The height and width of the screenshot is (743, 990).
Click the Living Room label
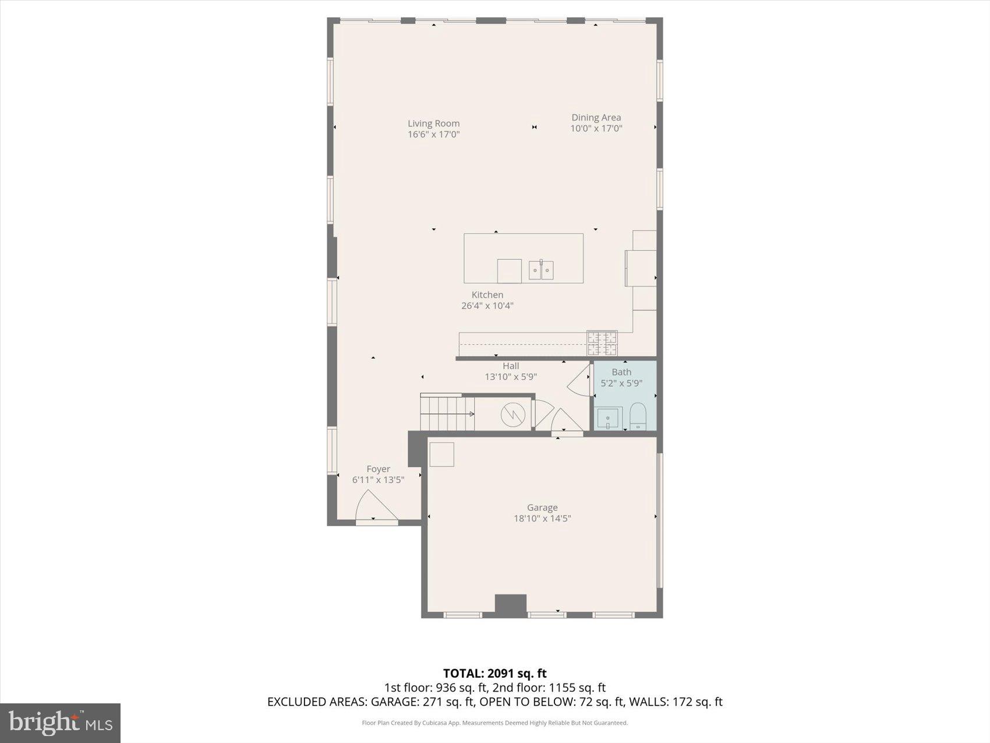(x=433, y=124)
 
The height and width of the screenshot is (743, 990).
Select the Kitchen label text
(x=487, y=295)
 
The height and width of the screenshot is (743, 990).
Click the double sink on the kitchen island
(x=541, y=270)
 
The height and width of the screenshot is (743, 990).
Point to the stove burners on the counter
(x=602, y=343)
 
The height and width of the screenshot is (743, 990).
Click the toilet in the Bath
(x=638, y=415)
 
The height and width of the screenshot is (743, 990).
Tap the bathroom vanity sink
(x=608, y=418)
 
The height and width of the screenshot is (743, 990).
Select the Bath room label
(x=621, y=372)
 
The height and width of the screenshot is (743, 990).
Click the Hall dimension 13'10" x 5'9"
(x=511, y=377)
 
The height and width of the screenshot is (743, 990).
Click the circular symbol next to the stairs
(x=512, y=414)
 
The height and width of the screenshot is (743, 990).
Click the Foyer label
(x=378, y=469)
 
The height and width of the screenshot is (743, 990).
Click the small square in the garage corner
(x=441, y=454)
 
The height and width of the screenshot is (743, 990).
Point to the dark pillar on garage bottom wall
(x=511, y=604)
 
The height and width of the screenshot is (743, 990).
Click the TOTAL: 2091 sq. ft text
(x=494, y=674)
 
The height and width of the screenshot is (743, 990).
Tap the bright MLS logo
(x=61, y=723)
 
